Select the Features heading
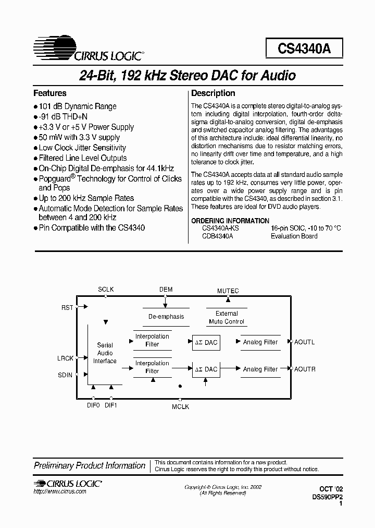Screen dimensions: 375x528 (50, 93)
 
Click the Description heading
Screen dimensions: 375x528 (213, 93)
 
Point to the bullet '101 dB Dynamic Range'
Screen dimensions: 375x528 (78, 106)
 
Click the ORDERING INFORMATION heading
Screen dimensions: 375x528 (230, 221)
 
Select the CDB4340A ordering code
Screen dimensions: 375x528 (217, 236)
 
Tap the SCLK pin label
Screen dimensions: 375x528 (106, 290)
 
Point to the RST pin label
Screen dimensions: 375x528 (67, 308)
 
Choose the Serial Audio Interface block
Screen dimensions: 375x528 (105, 353)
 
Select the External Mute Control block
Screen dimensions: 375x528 (227, 318)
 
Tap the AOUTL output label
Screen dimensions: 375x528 (305, 342)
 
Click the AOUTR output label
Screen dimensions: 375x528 (305, 369)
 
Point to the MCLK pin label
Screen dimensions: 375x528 (180, 406)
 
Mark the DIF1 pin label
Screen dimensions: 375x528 (110, 405)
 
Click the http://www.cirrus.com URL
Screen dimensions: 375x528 (60, 492)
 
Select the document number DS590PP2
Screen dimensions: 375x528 (327, 498)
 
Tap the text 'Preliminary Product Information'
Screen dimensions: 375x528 (90, 465)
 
